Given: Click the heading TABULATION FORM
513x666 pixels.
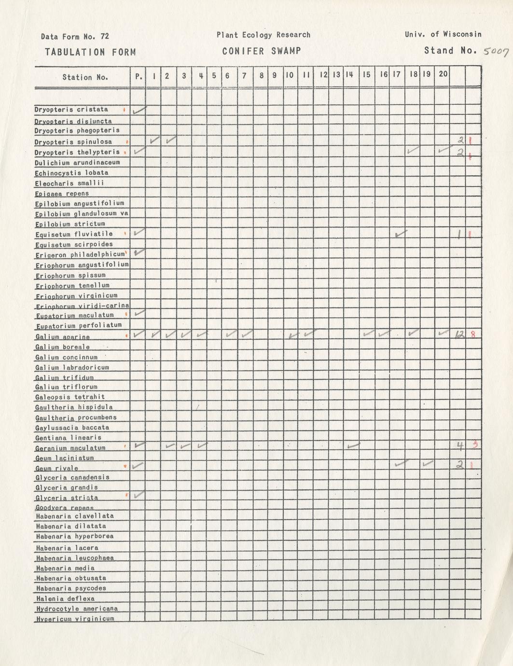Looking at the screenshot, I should (x=90, y=52).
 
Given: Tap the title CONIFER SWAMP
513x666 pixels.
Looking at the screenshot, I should (x=262, y=51).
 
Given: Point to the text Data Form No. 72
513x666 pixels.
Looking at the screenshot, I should (x=75, y=37).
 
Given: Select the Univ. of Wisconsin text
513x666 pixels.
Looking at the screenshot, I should (x=443, y=34).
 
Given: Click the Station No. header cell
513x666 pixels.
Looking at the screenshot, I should (x=85, y=77).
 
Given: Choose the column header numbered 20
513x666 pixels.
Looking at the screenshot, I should (x=443, y=74).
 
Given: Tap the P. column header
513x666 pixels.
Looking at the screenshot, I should (x=139, y=76).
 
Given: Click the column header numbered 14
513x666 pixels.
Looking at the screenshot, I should (x=349, y=75).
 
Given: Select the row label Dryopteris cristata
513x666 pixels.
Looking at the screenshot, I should (x=71, y=110).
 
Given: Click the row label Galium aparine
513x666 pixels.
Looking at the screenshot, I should (x=62, y=337).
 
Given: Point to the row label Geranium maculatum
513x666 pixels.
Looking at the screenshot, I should (x=70, y=448).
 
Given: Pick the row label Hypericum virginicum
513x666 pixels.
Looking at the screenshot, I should (x=75, y=619).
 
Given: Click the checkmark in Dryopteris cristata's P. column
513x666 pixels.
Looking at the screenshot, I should (x=139, y=111).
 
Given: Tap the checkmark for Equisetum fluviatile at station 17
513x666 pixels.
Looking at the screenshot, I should (x=400, y=234).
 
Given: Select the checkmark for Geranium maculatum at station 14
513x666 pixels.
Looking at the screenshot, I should (x=353, y=445).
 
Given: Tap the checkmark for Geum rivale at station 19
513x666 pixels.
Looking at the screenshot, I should (x=428, y=464).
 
